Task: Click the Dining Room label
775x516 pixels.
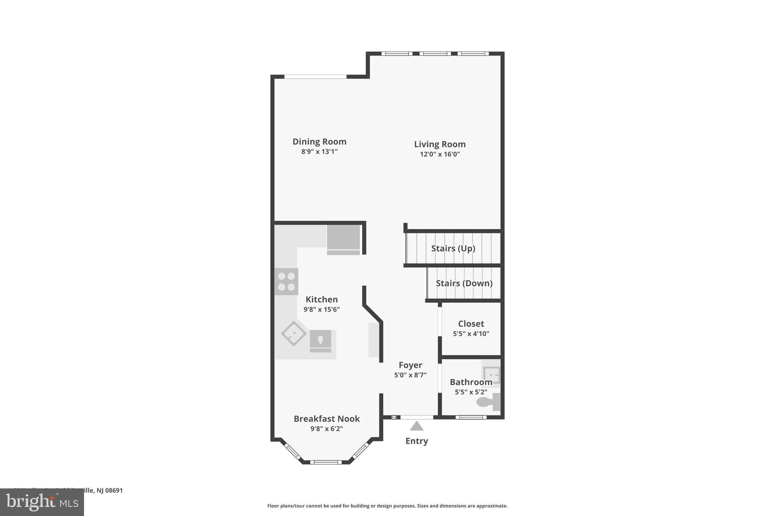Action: (x=319, y=142)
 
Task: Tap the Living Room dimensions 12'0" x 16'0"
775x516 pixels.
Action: (x=440, y=154)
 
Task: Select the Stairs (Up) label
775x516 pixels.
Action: (x=453, y=248)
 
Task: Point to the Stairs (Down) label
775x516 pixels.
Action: (x=464, y=283)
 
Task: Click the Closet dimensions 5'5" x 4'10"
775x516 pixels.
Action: (x=471, y=334)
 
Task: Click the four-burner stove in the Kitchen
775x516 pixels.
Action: (x=286, y=282)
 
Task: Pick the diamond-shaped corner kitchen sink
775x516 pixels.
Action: (x=294, y=333)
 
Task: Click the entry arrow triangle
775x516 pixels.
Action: (x=417, y=426)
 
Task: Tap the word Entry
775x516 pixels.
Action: (x=417, y=441)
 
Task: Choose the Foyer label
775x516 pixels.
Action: (x=410, y=365)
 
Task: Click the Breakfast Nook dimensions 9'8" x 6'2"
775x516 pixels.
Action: (x=327, y=429)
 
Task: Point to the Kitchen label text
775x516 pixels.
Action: (x=322, y=299)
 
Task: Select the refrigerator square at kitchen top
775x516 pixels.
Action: (x=343, y=237)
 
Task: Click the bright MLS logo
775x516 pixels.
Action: (x=42, y=502)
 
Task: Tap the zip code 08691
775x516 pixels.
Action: (x=114, y=490)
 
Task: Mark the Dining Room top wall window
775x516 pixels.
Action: (x=315, y=77)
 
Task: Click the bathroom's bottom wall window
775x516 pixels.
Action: (x=471, y=417)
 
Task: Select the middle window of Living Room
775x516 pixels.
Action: (x=435, y=54)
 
